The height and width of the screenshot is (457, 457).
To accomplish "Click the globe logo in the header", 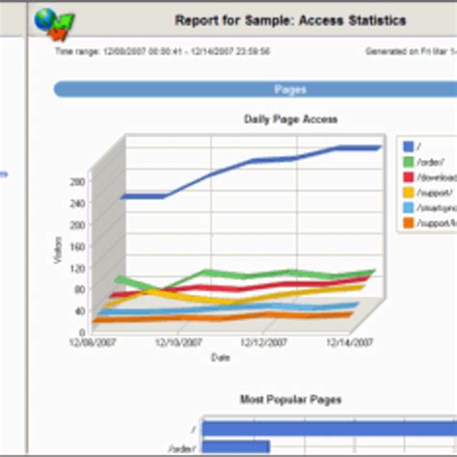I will point(49,18).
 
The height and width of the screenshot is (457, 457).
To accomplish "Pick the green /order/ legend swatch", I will point(410,162).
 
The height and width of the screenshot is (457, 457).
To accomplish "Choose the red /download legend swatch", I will point(410,177).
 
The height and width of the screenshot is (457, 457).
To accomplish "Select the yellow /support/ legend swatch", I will point(410,192).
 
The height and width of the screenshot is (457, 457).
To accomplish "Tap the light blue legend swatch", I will point(410,207).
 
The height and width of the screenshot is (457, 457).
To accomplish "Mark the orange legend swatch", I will point(410,223).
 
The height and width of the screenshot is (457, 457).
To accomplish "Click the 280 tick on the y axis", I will point(78,180).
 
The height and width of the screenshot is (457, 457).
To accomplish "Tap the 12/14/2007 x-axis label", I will point(346,341).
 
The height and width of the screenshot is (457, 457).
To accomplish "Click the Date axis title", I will point(221,358).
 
